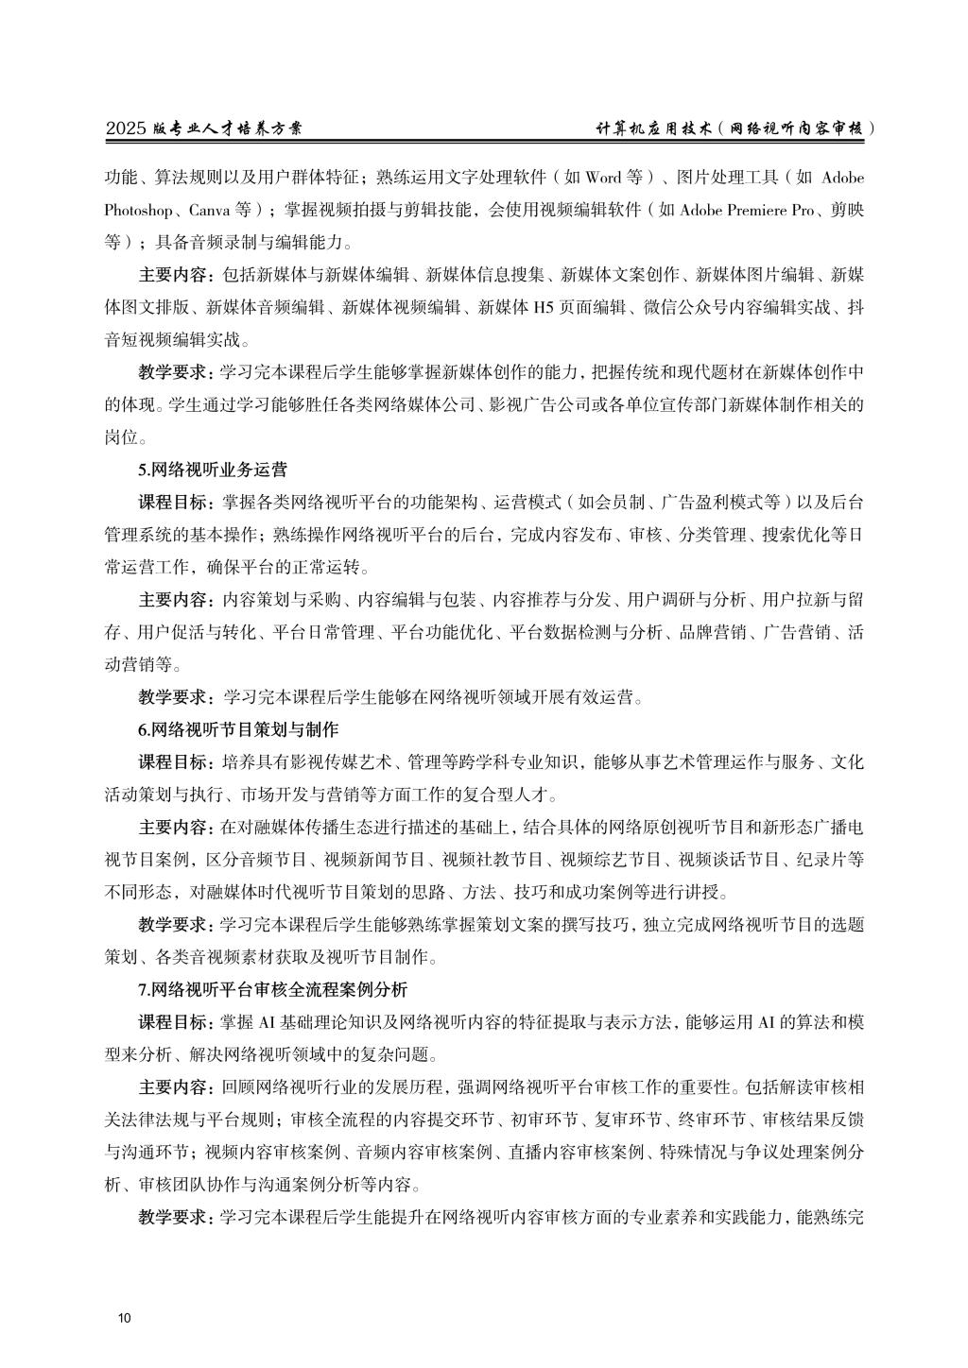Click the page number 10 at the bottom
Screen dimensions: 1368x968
point(125,1319)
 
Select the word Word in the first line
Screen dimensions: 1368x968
point(603,177)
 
